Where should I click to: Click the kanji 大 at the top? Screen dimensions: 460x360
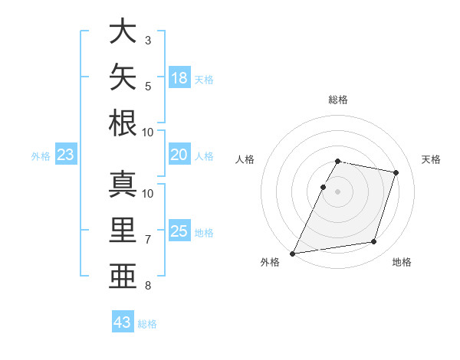coord(123,31)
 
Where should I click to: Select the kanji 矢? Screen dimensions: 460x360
coord(123,77)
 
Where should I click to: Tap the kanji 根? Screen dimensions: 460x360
coord(123,123)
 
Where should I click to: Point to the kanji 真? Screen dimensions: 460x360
coord(123,184)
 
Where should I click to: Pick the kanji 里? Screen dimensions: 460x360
coord(123,230)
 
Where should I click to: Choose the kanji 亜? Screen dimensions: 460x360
coord(123,276)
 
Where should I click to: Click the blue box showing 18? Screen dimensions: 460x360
coord(179,77)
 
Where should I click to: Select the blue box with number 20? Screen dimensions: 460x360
coord(179,154)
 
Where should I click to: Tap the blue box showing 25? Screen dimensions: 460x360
coord(179,230)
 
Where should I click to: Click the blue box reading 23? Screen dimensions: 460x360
coord(66,154)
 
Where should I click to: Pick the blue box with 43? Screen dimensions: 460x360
coord(123,321)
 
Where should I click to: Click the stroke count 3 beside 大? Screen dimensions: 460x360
coord(148,41)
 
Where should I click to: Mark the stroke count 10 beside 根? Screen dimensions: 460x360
coord(147,133)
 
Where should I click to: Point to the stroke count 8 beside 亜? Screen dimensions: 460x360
coord(148,286)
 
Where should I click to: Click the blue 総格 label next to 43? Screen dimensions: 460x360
coord(147,324)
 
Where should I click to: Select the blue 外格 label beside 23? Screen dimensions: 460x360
coord(41,156)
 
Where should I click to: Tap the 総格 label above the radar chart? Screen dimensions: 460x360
coord(338,100)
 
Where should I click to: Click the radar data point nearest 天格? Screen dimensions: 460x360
coord(396,172)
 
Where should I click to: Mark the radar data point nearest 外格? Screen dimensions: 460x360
coord(292,254)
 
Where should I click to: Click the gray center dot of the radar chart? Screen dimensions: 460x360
coord(337,191)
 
